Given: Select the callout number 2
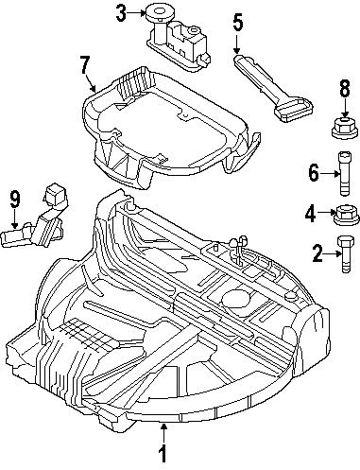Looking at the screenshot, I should point(317,252).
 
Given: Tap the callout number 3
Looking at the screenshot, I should point(121,13).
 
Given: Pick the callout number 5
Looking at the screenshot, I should point(237,21).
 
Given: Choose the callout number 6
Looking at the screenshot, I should point(314,172).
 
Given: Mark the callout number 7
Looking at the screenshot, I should point(85,66).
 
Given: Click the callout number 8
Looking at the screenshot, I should point(344,92).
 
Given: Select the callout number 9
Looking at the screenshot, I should point(14,199).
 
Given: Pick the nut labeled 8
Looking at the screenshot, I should point(344,126).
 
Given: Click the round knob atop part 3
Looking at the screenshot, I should point(157,12).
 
